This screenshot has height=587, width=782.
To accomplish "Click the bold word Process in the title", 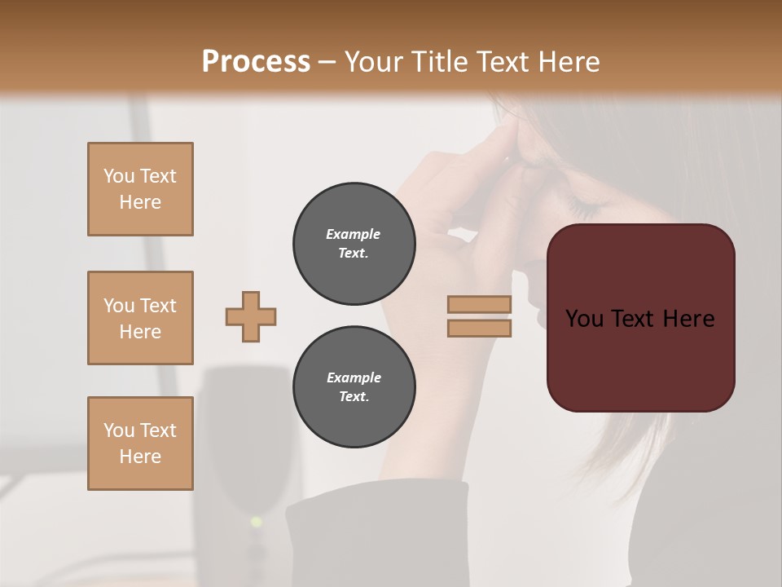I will point(256,62).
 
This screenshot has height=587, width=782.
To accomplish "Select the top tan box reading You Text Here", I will point(140,189).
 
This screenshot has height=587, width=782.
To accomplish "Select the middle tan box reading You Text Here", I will point(140,318).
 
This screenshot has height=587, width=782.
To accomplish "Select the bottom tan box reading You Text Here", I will point(140,444).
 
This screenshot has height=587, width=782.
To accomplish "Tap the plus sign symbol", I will point(251,316).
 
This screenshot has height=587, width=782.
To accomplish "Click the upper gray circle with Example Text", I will point(354,244).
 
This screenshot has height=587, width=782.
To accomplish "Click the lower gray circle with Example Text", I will point(354,387).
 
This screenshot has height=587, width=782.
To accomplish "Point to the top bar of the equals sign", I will point(480,304).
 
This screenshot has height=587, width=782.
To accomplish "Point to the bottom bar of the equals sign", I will point(480,328).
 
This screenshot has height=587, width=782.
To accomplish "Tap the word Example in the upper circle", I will point(353,234).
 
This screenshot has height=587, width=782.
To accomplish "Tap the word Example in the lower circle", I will point(354,377).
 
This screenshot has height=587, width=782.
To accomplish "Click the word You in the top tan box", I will point(118,176).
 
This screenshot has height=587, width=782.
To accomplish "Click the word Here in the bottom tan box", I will point(140,457).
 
